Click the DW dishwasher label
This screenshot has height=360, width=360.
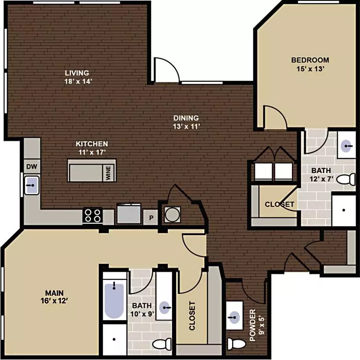[32, 167]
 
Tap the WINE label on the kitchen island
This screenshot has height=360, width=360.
[108, 173]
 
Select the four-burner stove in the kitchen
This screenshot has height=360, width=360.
[92, 215]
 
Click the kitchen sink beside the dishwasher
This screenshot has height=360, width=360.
[32, 185]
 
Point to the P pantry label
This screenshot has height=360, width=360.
[151, 217]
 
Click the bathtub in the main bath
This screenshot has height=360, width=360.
[114, 300]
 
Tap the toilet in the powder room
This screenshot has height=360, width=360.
[236, 344]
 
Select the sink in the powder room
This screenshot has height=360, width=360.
[234, 317]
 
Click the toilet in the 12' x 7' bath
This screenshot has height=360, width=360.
[346, 179]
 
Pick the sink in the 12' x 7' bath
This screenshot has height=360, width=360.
[346, 146]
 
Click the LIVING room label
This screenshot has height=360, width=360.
[77, 73]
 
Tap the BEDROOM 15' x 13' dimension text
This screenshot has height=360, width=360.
[310, 69]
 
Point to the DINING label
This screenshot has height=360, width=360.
[186, 118]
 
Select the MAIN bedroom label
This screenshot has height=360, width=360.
[54, 293]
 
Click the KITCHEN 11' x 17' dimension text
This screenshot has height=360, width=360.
[92, 152]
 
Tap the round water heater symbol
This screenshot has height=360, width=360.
[172, 215]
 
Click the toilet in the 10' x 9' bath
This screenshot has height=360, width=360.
[162, 344]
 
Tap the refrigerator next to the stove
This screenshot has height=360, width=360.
[129, 213]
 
